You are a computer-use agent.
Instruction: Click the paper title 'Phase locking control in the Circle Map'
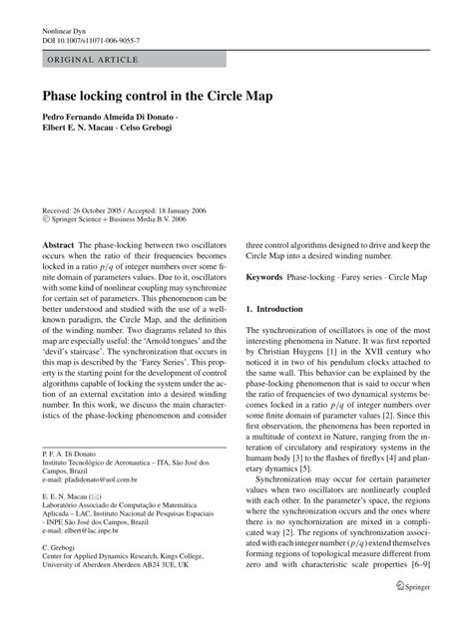point(159,98)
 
